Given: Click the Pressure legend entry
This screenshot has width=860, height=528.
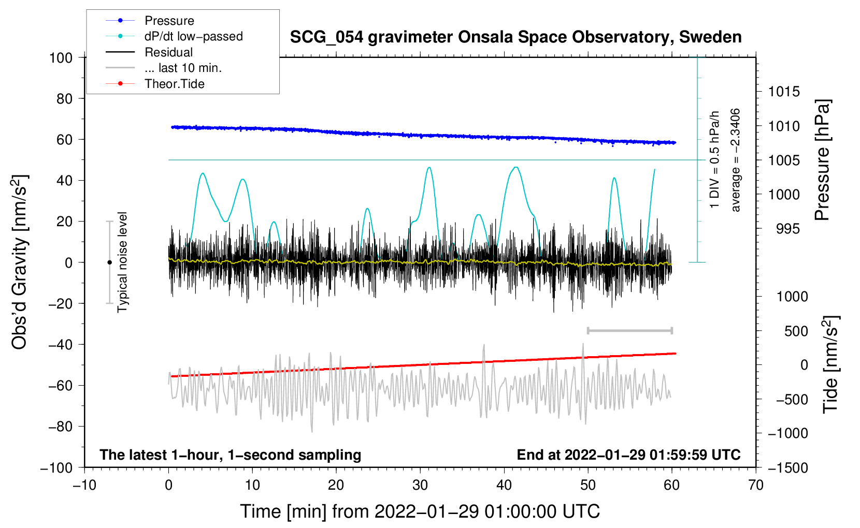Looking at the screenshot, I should (169, 21).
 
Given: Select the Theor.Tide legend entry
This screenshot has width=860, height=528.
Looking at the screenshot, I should (174, 84).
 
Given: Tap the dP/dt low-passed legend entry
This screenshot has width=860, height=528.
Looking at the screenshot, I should (193, 36).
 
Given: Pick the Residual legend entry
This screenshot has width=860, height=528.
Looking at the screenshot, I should (168, 52).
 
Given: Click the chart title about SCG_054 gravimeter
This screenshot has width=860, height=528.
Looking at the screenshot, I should (515, 37).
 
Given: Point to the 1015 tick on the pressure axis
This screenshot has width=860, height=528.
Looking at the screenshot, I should (784, 92).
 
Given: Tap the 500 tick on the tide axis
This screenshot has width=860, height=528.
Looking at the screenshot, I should (796, 331).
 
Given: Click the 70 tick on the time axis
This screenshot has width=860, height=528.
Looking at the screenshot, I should (756, 485).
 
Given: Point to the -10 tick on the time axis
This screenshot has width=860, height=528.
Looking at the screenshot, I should (84, 485).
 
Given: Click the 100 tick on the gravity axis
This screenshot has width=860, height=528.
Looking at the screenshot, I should (61, 57).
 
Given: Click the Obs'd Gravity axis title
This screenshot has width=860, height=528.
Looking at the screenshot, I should (20, 262).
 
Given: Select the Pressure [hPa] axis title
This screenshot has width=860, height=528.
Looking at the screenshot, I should (823, 160).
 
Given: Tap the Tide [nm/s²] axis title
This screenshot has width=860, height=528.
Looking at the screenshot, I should (830, 364).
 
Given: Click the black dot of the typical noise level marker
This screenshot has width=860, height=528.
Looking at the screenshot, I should (109, 262).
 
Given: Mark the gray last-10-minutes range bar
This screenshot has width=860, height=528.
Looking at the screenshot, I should (629, 330).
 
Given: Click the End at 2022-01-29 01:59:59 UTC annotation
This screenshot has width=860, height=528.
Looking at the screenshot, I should (628, 454).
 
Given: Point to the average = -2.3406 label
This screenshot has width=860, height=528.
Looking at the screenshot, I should (736, 160).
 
